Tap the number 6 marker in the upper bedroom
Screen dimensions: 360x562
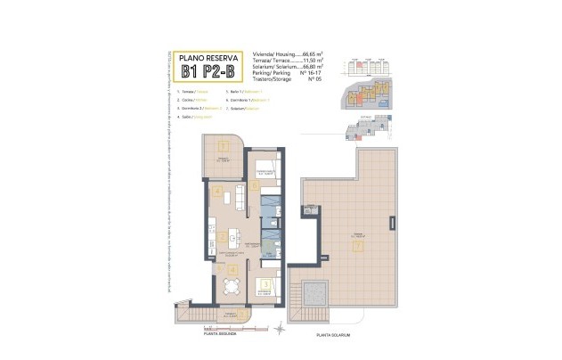coord(256,186)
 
